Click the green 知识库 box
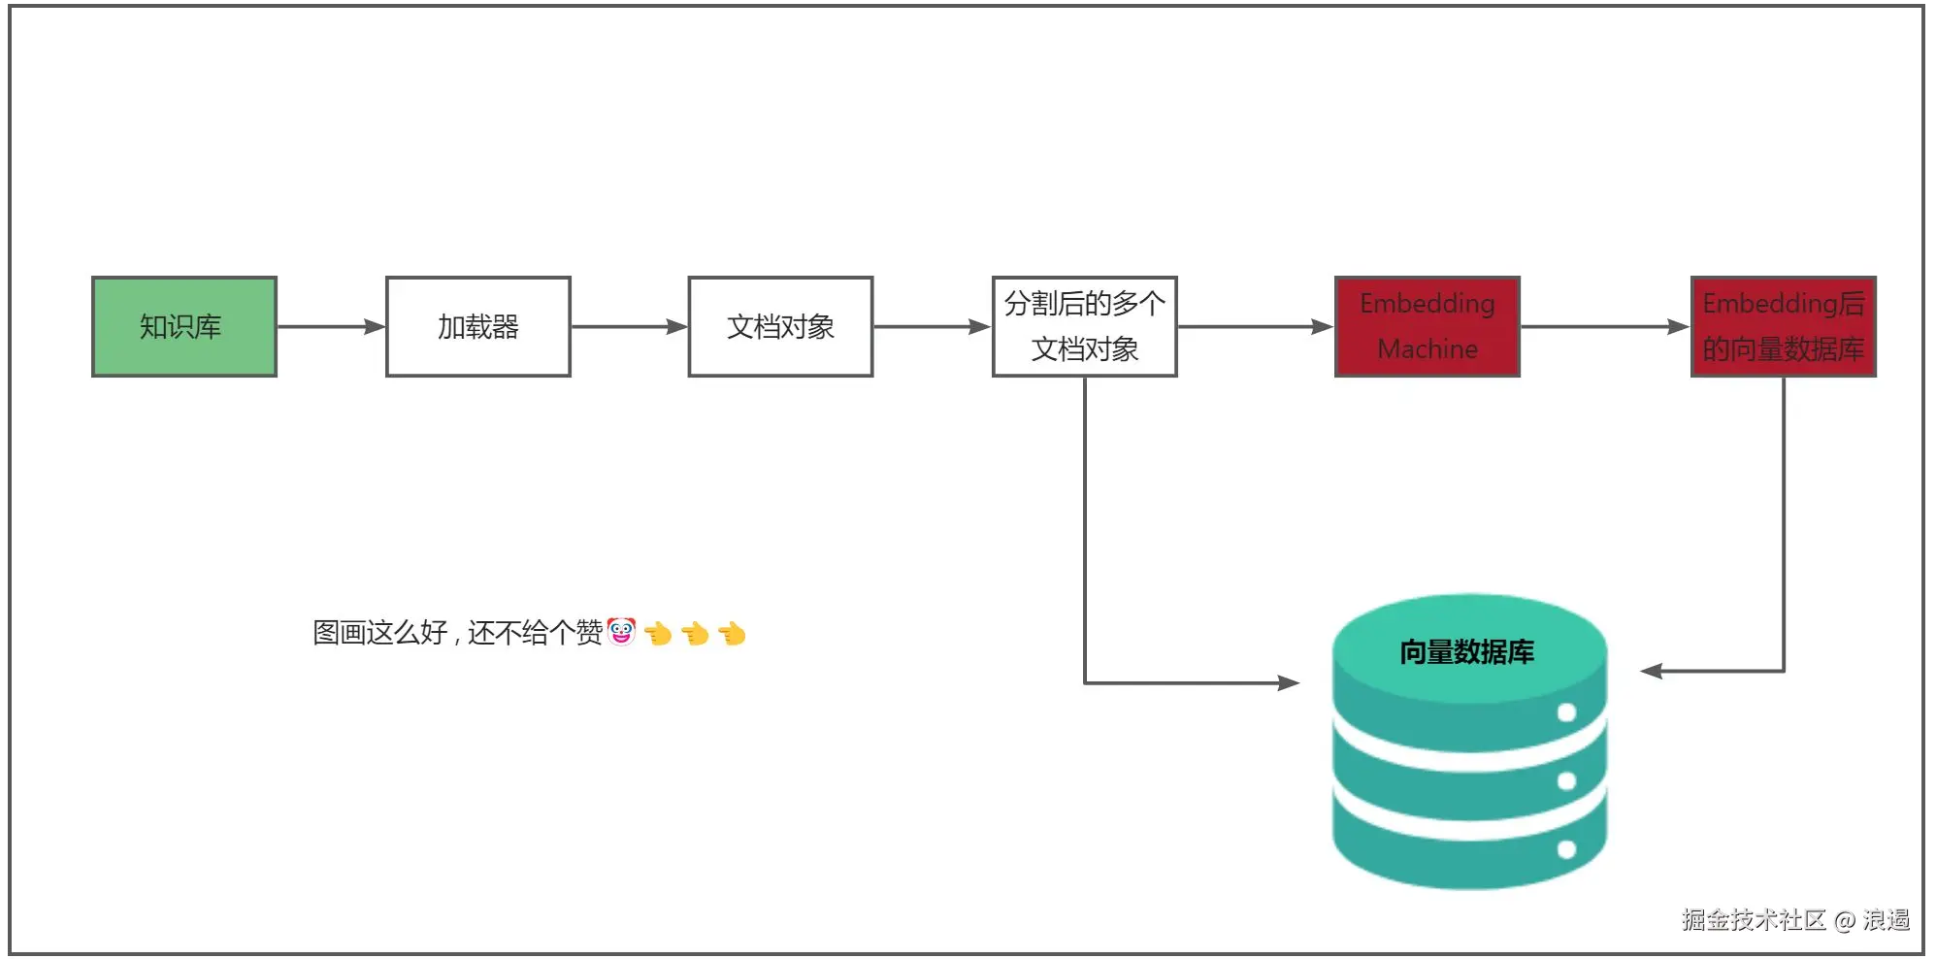(184, 327)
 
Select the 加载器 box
(478, 327)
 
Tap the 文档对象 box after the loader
(781, 327)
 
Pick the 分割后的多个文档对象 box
(1085, 327)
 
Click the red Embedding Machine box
(1427, 327)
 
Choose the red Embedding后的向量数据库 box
(1784, 327)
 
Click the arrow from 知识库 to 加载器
(331, 327)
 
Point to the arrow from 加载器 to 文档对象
(630, 327)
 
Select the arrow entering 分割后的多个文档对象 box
(933, 327)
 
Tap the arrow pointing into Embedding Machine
(1256, 327)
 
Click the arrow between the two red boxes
(1605, 327)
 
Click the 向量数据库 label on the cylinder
(1466, 652)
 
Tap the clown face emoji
(621, 632)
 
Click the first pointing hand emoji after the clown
(658, 634)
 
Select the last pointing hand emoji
(732, 634)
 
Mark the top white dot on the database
(1566, 713)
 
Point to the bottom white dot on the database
(1566, 850)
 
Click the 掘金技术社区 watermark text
(1754, 919)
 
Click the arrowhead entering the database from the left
(1289, 683)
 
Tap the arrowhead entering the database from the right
(1652, 671)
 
